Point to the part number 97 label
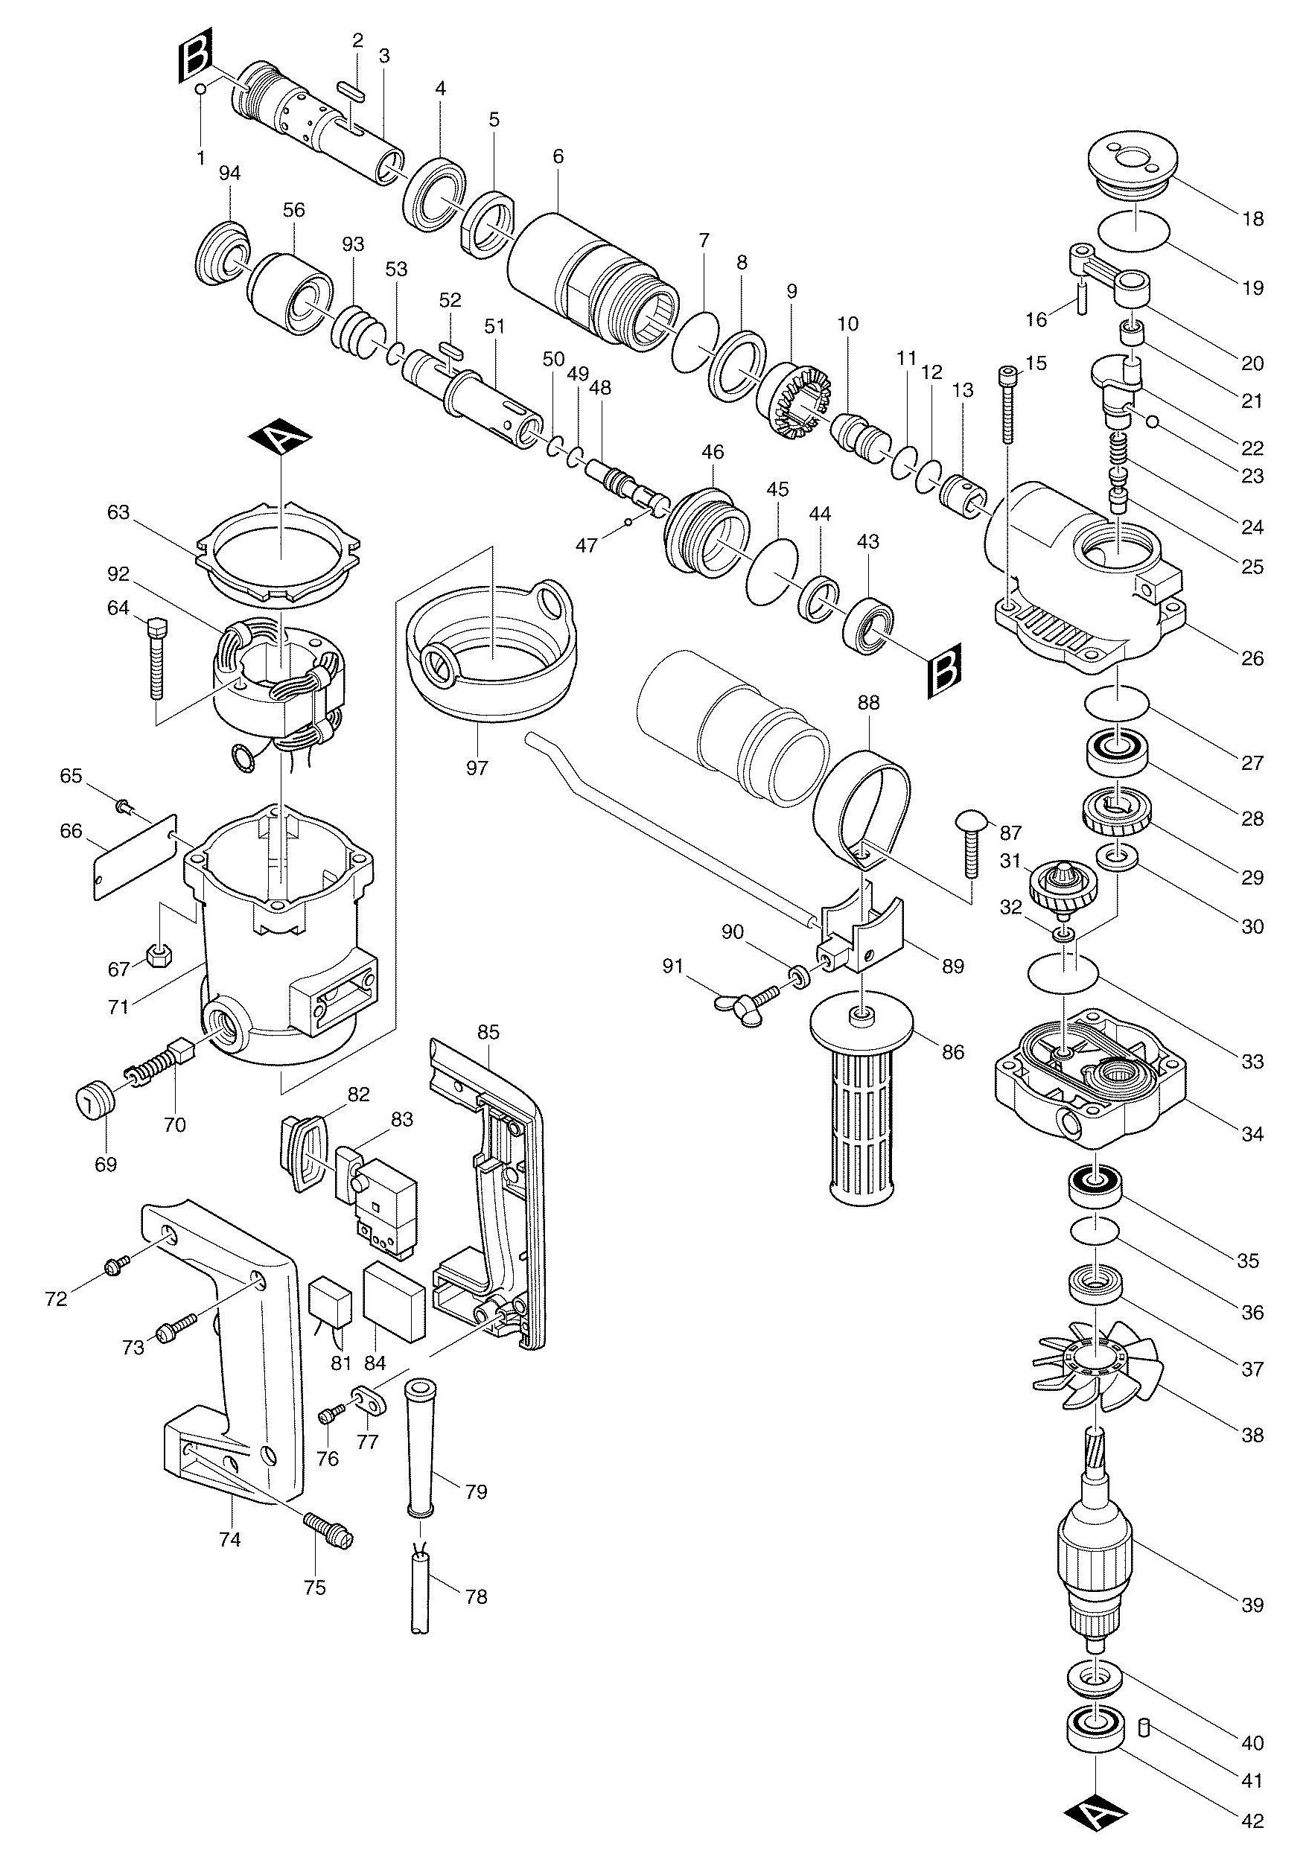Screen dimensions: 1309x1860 coord(477,765)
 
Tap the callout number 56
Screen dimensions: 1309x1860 coord(294,210)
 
